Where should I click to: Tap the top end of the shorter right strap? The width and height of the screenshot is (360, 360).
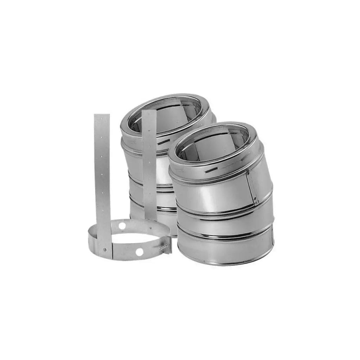pyautogui.click(x=149, y=112)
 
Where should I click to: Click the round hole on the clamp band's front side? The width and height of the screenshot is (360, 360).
pyautogui.click(x=140, y=252)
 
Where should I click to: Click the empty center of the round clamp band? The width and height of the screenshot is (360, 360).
pyautogui.click(x=134, y=239)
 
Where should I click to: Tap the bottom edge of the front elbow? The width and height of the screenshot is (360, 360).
pyautogui.click(x=225, y=263)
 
